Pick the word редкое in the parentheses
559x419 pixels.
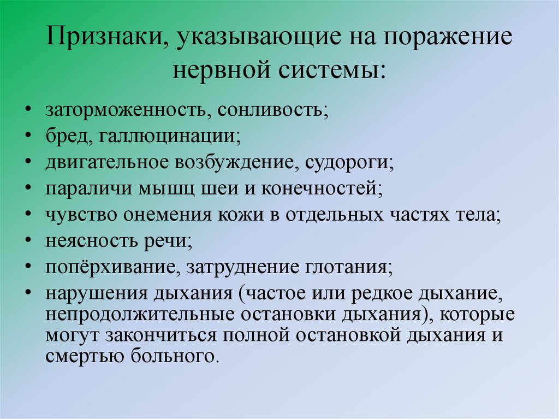tap(382, 292)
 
